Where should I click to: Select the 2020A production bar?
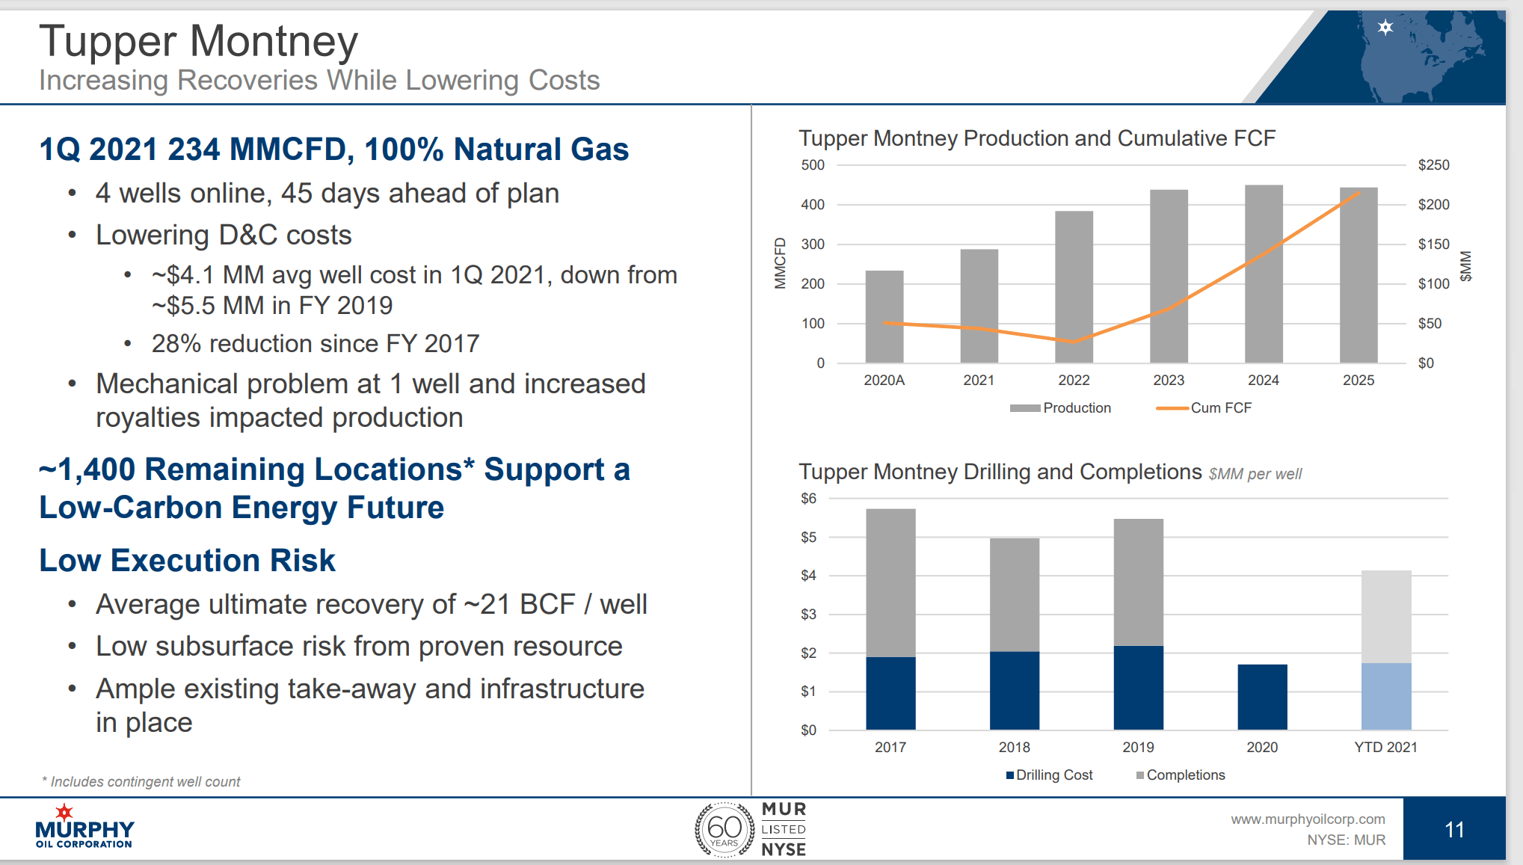[884, 317]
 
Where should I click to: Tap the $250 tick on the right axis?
[1433, 165]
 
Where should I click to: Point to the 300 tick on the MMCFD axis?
[813, 244]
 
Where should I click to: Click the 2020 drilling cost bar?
[1262, 697]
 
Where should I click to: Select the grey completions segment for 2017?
[890, 583]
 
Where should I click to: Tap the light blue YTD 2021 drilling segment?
[1385, 696]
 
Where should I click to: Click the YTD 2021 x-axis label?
[1385, 747]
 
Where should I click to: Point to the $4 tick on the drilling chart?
[808, 576]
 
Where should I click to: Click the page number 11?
[1453, 829]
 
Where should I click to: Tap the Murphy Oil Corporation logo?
[84, 827]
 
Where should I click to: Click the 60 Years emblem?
[724, 829]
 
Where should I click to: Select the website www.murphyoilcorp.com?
[1307, 819]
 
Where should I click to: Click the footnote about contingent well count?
[142, 781]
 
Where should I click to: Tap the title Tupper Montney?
[199, 41]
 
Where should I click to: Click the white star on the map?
[1385, 28]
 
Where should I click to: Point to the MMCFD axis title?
[780, 263]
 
